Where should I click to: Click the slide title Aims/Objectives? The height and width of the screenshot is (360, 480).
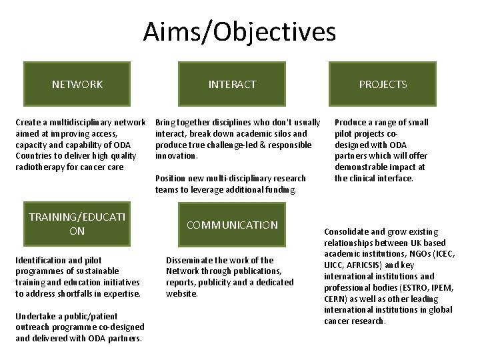click(x=240, y=31)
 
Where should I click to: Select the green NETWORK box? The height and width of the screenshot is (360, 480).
click(x=77, y=84)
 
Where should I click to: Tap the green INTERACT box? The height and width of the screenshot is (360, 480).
click(x=232, y=84)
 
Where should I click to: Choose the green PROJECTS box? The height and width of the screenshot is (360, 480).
click(x=383, y=84)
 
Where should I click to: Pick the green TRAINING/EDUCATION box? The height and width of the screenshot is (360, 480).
click(x=77, y=224)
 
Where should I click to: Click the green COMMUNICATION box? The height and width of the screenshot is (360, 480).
click(x=232, y=225)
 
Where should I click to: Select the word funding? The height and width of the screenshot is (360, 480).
click(x=279, y=190)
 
